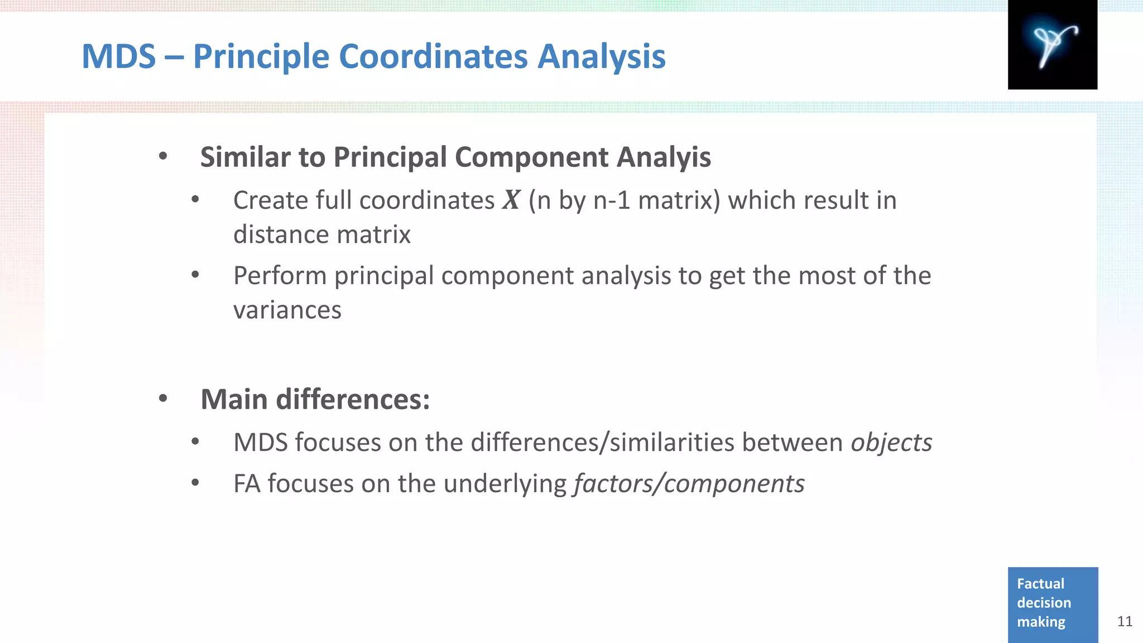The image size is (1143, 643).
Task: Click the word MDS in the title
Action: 119,56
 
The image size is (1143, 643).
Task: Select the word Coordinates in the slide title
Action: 433,56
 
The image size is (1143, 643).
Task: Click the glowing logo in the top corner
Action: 1052,45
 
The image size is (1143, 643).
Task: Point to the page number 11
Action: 1125,621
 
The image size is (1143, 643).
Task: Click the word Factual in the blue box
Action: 1040,584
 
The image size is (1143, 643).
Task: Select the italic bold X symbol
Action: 511,200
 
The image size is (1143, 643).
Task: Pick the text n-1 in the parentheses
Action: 612,200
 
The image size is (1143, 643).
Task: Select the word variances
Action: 287,310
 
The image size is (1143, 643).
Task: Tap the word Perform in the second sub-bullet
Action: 280,276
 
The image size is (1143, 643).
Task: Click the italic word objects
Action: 891,443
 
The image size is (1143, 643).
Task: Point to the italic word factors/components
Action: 689,483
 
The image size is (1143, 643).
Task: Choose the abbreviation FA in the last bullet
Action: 247,483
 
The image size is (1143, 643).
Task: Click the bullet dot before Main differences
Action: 163,399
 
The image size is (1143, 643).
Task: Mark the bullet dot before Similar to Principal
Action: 163,156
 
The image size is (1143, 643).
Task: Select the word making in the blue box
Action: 1041,622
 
